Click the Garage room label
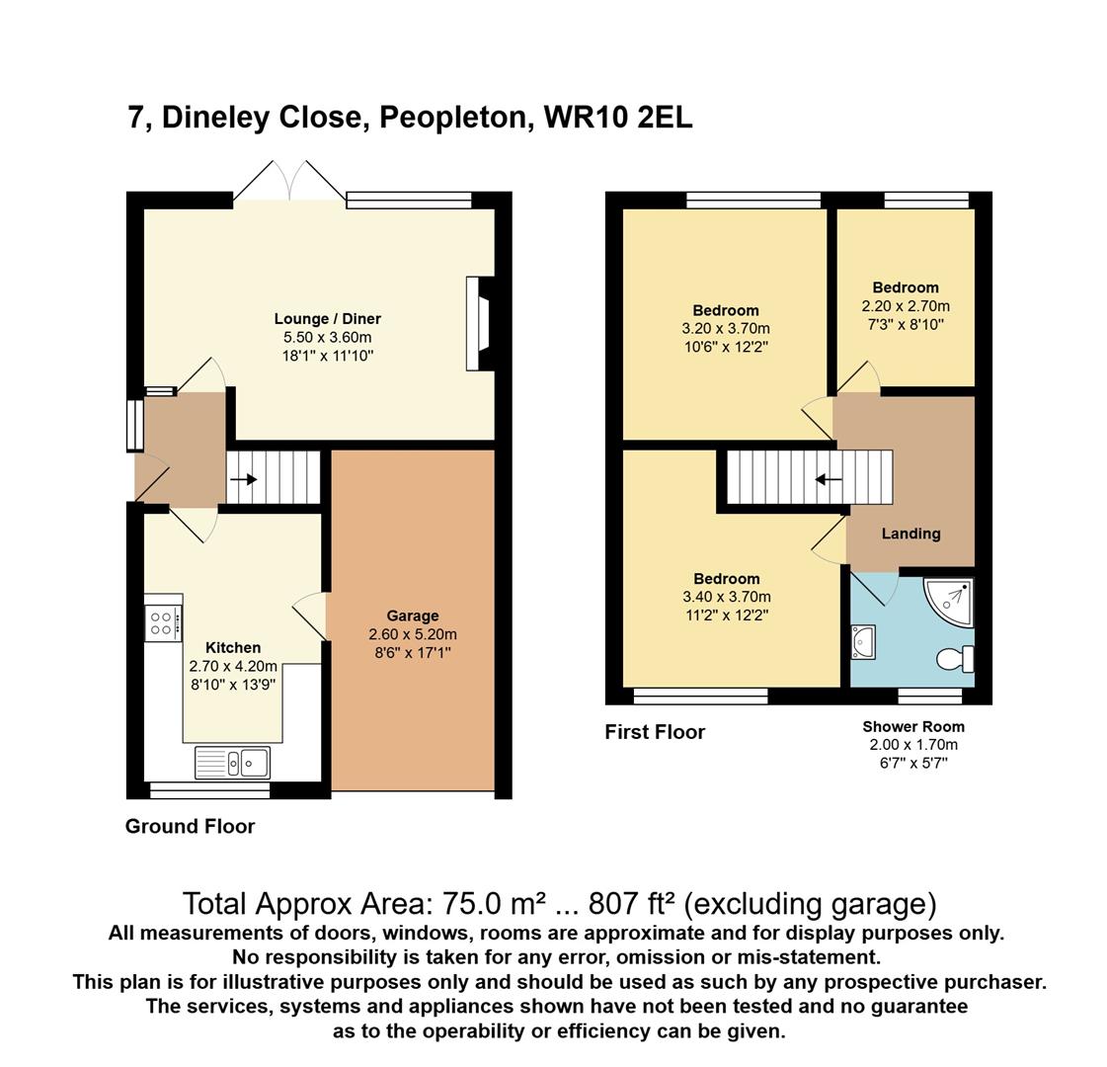click(x=413, y=616)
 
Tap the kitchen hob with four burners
click(x=164, y=623)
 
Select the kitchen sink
click(x=231, y=763)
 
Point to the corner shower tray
click(x=952, y=602)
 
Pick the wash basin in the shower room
click(x=863, y=642)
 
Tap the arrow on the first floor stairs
click(x=829, y=479)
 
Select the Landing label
click(x=910, y=533)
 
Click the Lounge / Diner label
click(x=328, y=319)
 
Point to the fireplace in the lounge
click(x=478, y=323)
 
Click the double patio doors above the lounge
click(x=289, y=181)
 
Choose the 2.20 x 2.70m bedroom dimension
click(x=906, y=306)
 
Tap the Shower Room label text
click(x=912, y=726)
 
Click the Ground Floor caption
click(x=190, y=826)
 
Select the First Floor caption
click(x=655, y=732)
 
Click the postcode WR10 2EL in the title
click(x=618, y=118)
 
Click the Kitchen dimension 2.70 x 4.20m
click(x=233, y=666)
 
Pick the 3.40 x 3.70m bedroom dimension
click(x=727, y=597)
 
